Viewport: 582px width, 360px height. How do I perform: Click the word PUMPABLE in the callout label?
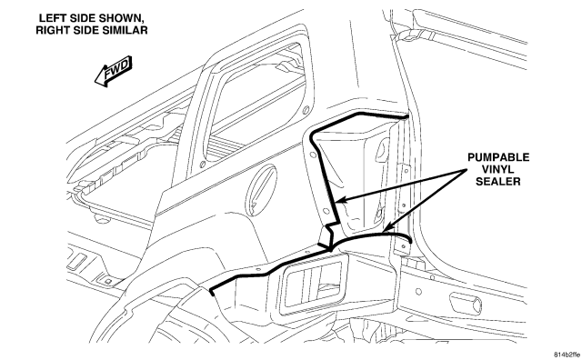tap(498, 157)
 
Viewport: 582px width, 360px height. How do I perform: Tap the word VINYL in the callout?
tap(498, 169)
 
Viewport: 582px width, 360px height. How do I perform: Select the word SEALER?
tap(498, 182)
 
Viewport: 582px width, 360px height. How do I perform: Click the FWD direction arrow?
tap(113, 71)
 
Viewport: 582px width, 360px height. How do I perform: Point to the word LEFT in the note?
tap(51, 18)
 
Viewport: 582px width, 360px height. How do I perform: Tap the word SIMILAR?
tap(125, 30)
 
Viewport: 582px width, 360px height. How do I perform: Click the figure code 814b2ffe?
tap(567, 354)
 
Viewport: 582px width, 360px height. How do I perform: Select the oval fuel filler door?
tap(262, 190)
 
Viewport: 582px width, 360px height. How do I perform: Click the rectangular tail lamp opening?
tap(313, 285)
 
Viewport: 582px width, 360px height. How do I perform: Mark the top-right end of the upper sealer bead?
tap(406, 117)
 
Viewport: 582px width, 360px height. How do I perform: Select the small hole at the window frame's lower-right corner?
tap(306, 110)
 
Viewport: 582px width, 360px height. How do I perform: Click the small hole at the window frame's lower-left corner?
tap(203, 164)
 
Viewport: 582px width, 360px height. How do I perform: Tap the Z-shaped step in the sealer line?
tap(330, 234)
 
